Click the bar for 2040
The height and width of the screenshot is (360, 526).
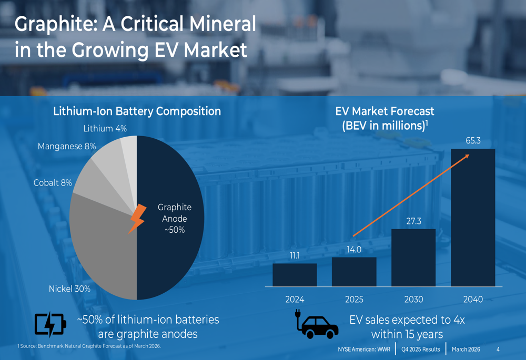tap(473, 218)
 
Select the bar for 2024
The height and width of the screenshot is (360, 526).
tap(295, 275)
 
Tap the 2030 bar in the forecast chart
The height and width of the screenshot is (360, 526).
tap(413, 258)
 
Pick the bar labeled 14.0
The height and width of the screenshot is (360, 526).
tap(354, 272)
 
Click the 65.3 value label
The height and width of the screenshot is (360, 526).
tap(473, 141)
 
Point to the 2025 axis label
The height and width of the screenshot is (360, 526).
tap(354, 300)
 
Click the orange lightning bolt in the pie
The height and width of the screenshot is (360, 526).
tap(137, 218)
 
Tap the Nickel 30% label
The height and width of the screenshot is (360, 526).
tap(69, 289)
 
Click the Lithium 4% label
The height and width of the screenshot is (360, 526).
tap(105, 129)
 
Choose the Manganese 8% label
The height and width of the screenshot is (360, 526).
tap(67, 147)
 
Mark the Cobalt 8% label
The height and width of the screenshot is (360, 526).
tap(53, 183)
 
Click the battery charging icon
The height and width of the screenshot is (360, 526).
tap(50, 325)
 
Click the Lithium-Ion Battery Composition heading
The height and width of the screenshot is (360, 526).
tap(137, 111)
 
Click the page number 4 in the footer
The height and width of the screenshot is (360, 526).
tap(498, 349)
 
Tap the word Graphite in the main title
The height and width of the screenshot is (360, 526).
tap(52, 24)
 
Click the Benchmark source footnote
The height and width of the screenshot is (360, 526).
tap(89, 346)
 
